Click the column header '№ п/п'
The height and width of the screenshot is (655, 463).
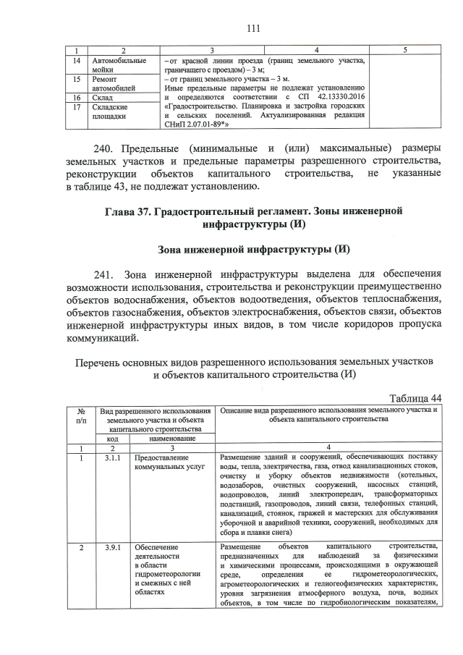pos(81,415)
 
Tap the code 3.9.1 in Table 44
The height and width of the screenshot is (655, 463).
pos(113,545)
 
